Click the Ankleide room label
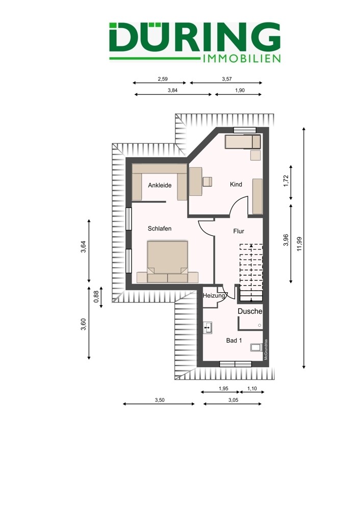click(160, 186)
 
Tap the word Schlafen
click(160, 228)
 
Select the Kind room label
click(236, 185)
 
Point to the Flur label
click(239, 231)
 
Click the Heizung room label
click(214, 296)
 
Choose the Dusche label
click(250, 311)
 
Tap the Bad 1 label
click(234, 341)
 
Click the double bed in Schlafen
click(167, 261)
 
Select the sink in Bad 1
click(208, 328)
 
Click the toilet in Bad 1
click(256, 347)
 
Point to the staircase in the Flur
click(251, 272)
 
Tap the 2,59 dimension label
click(163, 79)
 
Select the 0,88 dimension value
click(96, 297)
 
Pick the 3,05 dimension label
click(233, 400)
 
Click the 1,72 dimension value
click(286, 181)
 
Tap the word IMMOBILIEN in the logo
click(241, 59)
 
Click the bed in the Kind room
click(243, 141)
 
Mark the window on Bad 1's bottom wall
click(236, 364)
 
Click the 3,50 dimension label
click(160, 400)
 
